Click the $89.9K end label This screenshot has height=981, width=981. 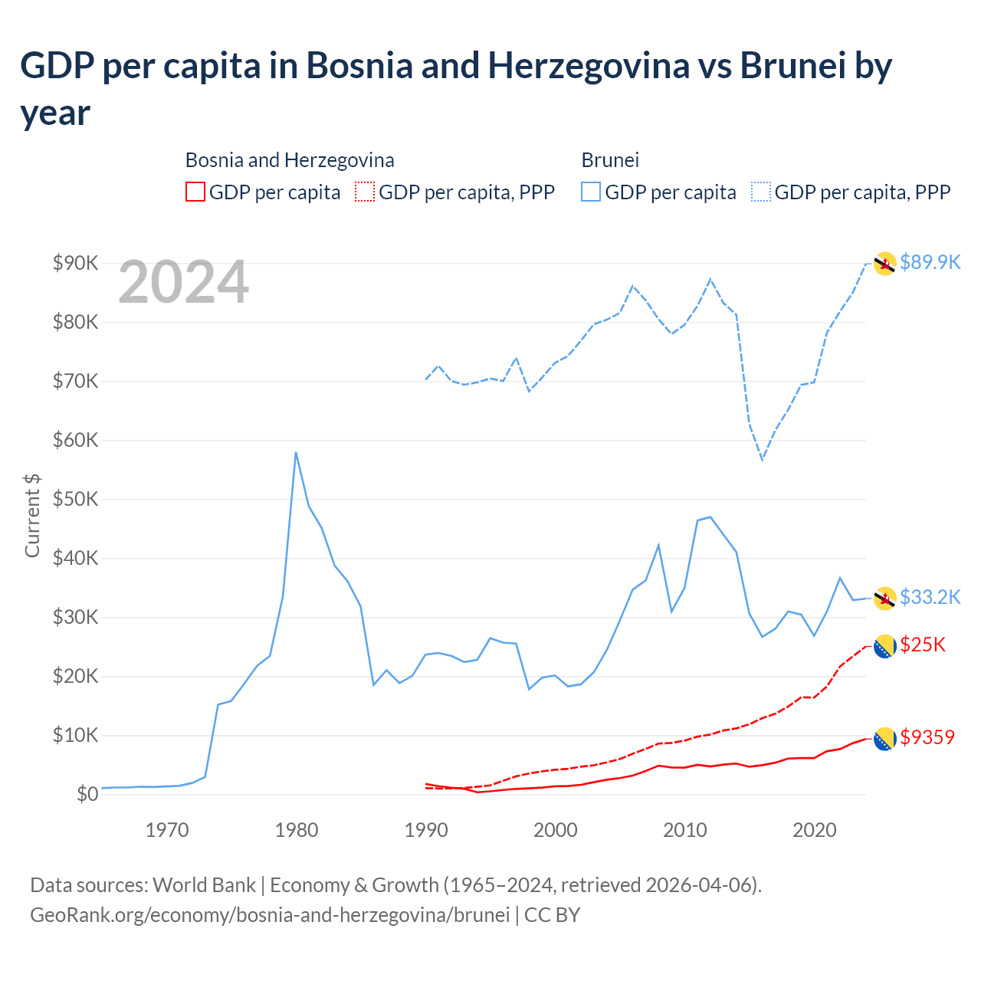tap(930, 262)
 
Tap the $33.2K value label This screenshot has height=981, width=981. tap(930, 597)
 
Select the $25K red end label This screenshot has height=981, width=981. tap(923, 645)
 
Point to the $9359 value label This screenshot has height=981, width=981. tap(927, 737)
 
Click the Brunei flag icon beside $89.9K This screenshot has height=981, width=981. tap(885, 264)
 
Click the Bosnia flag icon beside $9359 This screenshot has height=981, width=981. tap(885, 739)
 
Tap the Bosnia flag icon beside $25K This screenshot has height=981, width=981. tap(885, 647)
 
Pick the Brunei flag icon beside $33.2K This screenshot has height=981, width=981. tap(885, 598)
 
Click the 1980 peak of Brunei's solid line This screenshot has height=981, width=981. tap(296, 452)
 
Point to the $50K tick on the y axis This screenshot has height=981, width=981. tap(75, 500)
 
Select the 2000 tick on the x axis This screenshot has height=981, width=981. tap(555, 830)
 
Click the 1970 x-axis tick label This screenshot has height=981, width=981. tap(167, 830)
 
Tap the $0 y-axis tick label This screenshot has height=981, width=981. tap(87, 795)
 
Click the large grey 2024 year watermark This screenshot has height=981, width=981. tap(183, 282)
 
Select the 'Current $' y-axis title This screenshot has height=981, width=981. tap(32, 515)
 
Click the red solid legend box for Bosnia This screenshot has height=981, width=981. tap(195, 192)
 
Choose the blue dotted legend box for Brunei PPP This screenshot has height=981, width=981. tap(761, 192)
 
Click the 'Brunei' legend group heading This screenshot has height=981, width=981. tap(610, 160)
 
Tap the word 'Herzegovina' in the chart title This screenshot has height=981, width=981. tap(589, 66)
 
